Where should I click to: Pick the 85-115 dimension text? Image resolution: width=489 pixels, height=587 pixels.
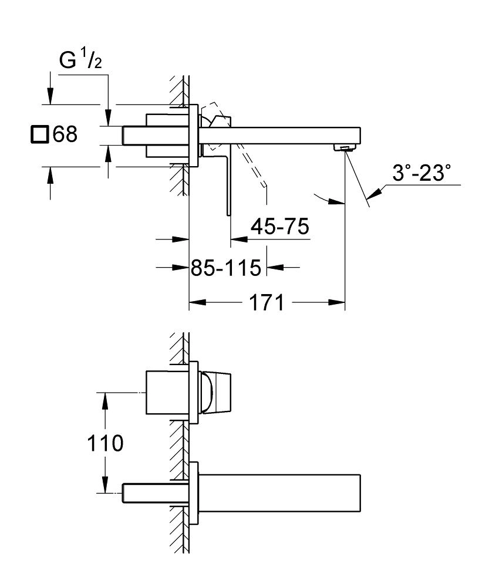[x=225, y=268]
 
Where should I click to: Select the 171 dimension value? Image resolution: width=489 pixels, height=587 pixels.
[x=265, y=303]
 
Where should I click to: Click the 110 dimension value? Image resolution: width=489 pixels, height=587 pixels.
[x=104, y=443]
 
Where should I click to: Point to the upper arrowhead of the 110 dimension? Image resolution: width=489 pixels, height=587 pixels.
[x=104, y=399]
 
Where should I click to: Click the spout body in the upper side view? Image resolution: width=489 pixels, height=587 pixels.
[x=282, y=134]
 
